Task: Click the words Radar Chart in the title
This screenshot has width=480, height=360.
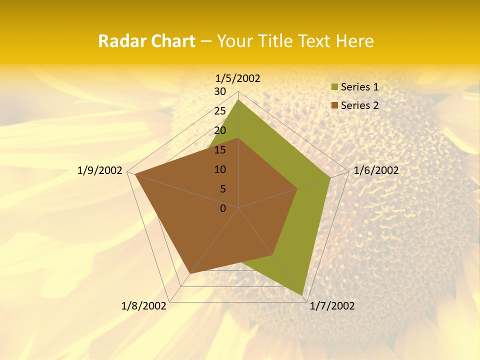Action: [146, 41]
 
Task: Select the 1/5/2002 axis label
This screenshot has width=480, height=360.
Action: [238, 78]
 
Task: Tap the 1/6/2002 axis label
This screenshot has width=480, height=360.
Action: [376, 170]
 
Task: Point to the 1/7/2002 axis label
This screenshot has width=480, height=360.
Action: [332, 306]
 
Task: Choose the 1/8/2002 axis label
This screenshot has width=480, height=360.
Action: [144, 306]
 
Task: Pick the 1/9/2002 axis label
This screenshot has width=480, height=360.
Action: [100, 170]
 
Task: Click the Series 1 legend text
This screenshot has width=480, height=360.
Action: [359, 87]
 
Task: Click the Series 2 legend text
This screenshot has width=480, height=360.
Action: [359, 105]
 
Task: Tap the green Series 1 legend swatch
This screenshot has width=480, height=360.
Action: [335, 87]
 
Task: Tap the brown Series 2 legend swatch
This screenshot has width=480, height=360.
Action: [335, 105]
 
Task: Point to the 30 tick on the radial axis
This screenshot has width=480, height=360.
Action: [220, 91]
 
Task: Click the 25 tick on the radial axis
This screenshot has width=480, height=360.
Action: [220, 111]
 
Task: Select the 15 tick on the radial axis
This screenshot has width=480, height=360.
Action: [220, 150]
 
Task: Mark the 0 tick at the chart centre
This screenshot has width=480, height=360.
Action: [223, 208]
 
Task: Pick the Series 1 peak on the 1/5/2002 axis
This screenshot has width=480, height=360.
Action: [238, 100]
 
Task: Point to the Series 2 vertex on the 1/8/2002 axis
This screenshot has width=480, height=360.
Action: [190, 273]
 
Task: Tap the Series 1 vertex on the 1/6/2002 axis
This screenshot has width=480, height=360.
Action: [330, 177]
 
